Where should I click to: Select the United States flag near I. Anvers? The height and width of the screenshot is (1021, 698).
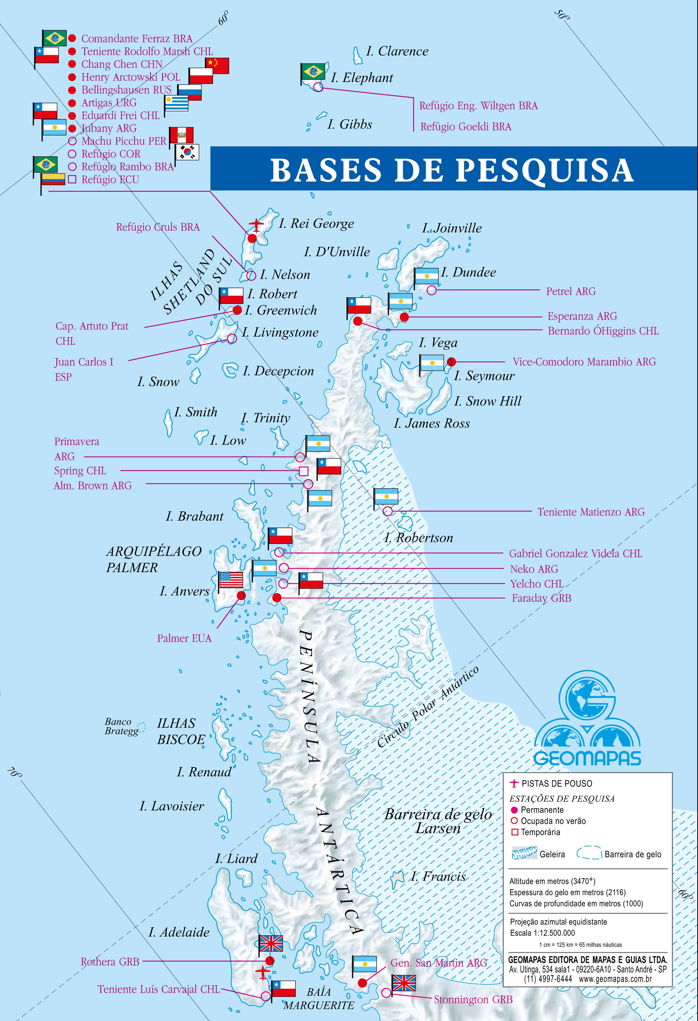point(231,580)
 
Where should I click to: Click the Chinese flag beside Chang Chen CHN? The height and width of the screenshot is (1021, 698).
point(217,66)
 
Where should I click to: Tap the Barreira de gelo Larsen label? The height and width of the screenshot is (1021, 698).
point(438,821)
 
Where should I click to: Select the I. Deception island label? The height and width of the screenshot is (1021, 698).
point(278,371)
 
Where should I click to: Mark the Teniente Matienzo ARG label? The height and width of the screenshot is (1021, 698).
point(591,512)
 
